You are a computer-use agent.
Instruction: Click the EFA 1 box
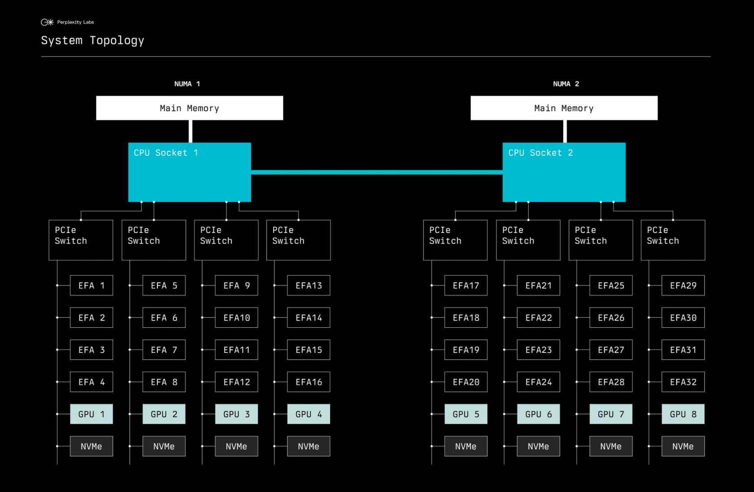coord(91,286)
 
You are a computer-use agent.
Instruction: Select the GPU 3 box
coord(236,414)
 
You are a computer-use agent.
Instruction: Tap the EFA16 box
coord(309,382)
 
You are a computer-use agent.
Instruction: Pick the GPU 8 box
coord(683,414)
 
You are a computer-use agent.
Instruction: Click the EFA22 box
coord(539,317)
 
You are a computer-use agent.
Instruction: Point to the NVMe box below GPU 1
coord(91,446)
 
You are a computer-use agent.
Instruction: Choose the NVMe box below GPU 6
coord(539,446)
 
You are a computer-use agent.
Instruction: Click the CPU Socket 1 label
coord(166,153)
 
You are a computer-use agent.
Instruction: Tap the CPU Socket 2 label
coord(540,153)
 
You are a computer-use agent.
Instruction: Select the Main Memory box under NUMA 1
coord(189,108)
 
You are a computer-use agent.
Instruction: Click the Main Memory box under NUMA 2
coord(564,108)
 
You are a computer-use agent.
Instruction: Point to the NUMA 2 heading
coord(566,84)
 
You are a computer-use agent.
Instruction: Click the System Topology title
coord(92,40)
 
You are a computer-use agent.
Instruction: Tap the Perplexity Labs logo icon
coord(47,22)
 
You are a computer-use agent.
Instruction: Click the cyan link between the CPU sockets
coord(377,172)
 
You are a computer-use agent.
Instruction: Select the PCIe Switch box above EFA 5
coord(154,240)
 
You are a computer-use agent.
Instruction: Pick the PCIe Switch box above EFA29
coord(673,240)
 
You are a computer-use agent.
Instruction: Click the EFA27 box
coord(611,350)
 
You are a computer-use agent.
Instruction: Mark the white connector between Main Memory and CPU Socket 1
coord(190,132)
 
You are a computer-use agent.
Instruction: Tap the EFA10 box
coord(236,317)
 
